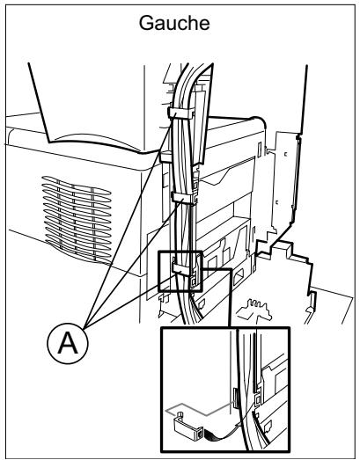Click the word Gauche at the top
coord(174,23)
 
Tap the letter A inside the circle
coord(68,344)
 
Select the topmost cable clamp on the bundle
coord(181,113)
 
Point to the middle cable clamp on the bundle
coord(183,198)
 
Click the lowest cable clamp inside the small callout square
coord(181,269)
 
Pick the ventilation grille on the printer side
coord(77,217)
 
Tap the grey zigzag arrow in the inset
coord(202,409)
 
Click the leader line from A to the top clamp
coord(129,220)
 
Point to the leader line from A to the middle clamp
coord(134,263)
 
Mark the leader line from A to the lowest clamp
coord(130,300)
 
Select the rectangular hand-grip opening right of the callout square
coord(239,278)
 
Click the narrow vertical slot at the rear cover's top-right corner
coord(260,149)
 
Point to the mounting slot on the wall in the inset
coord(235,398)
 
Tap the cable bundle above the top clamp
coord(184,86)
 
